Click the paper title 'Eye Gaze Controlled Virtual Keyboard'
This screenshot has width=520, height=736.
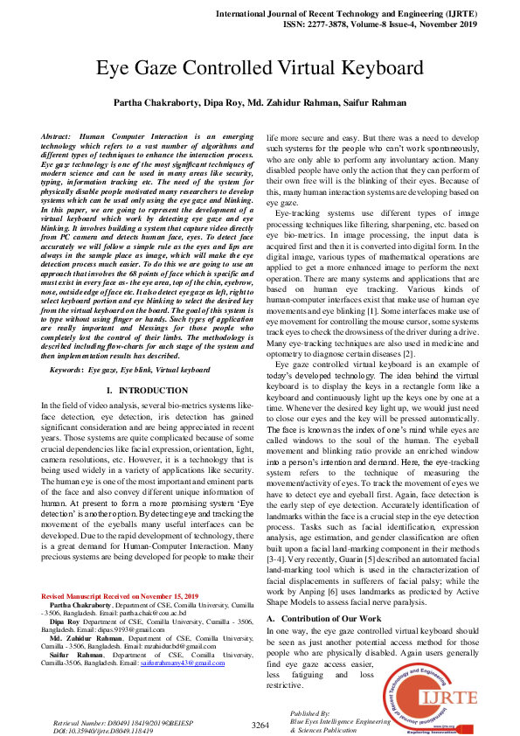click(x=260, y=67)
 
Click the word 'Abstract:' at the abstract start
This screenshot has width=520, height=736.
click(x=59, y=138)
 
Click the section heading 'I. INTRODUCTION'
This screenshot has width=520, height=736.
click(x=146, y=389)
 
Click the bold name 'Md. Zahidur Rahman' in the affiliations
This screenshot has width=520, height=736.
click(x=86, y=638)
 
